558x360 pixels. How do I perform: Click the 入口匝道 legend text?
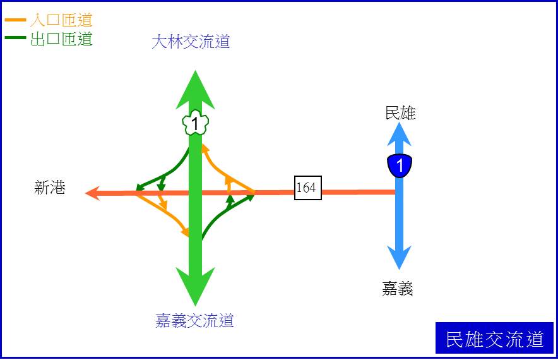click(x=62, y=20)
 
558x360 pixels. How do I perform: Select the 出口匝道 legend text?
click(x=62, y=39)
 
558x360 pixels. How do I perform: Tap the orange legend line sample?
click(x=15, y=20)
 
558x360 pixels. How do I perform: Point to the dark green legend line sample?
click(x=15, y=37)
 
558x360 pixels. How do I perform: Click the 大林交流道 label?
click(x=191, y=42)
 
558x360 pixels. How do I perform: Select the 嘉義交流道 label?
click(x=194, y=320)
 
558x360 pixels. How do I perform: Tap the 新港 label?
click(x=50, y=188)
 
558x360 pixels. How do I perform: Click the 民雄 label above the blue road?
click(x=400, y=113)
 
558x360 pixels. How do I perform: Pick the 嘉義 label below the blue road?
click(x=398, y=288)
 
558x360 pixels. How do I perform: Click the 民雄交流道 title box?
click(x=494, y=338)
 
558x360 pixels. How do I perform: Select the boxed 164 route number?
click(x=308, y=188)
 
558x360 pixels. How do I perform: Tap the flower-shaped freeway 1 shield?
click(x=196, y=123)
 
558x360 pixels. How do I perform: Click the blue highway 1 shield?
click(x=400, y=165)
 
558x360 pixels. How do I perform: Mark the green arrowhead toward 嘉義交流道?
click(x=196, y=287)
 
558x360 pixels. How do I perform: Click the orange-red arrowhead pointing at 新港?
click(x=93, y=193)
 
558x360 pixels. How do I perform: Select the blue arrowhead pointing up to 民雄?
click(x=400, y=134)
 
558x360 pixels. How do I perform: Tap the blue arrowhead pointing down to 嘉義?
click(x=400, y=258)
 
